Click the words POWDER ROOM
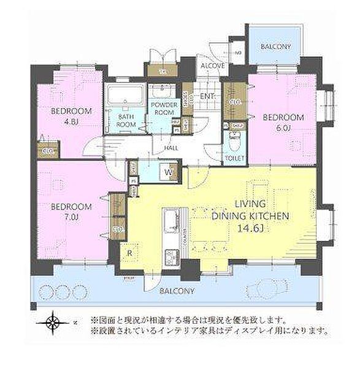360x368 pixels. (x=164, y=109)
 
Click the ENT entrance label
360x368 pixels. (x=207, y=96)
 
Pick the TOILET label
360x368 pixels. (x=236, y=158)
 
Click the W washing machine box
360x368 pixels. (x=167, y=173)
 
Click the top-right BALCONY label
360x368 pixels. (x=275, y=47)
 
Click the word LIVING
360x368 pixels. (x=249, y=204)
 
